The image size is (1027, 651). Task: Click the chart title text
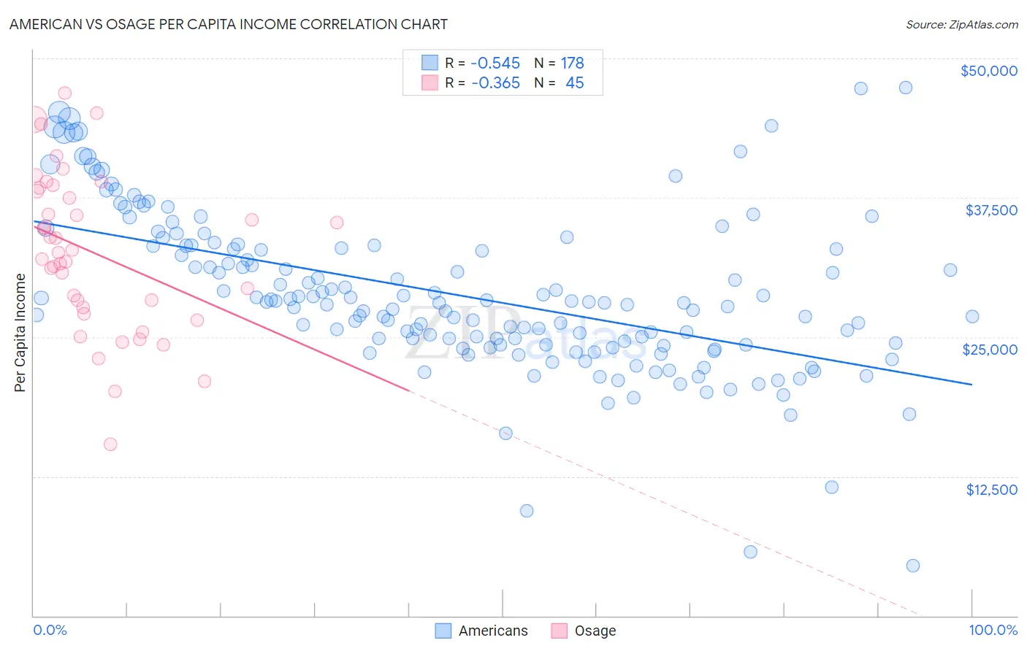[x=229, y=24]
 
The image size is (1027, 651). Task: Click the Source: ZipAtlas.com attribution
[x=961, y=24]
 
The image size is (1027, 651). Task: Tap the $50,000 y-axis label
[x=988, y=71]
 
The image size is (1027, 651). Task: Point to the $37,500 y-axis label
[x=990, y=210]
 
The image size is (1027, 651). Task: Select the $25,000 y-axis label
[x=989, y=350]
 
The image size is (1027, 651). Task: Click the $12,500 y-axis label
[x=991, y=490]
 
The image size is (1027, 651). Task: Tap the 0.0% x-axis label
[x=50, y=630]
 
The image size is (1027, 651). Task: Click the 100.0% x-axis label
[x=993, y=630]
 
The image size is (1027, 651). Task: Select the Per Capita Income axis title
[x=20, y=332]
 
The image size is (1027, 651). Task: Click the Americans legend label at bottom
[x=493, y=631]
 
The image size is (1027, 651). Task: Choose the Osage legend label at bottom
[x=595, y=631]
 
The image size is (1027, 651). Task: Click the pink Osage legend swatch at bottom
[x=560, y=631]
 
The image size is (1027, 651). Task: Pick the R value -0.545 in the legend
[x=495, y=63]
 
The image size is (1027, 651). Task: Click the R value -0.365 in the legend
[x=495, y=83]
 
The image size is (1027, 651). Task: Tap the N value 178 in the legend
[x=572, y=63]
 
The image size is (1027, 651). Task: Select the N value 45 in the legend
[x=574, y=83]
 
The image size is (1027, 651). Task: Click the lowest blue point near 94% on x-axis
[x=912, y=566]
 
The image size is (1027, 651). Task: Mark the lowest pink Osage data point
[x=110, y=444]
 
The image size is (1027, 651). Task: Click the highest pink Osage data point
[x=64, y=93]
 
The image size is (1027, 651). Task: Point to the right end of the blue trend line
[x=971, y=384]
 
